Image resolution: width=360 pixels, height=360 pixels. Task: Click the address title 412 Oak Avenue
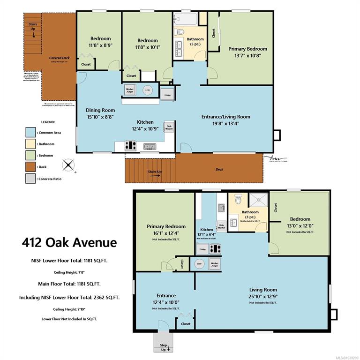[69, 242]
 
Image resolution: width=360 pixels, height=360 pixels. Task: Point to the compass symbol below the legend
[69, 165]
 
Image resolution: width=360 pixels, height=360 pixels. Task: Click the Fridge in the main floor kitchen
[167, 94]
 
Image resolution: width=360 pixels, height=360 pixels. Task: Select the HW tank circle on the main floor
[148, 90]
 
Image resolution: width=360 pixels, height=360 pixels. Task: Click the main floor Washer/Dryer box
[130, 90]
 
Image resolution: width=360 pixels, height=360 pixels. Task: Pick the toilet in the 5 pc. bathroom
[180, 32]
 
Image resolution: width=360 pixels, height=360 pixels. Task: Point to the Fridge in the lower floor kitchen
[202, 249]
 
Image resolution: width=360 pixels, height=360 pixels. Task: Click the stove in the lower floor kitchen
[215, 249]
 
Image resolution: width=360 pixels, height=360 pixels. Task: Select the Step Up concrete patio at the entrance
[163, 343]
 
